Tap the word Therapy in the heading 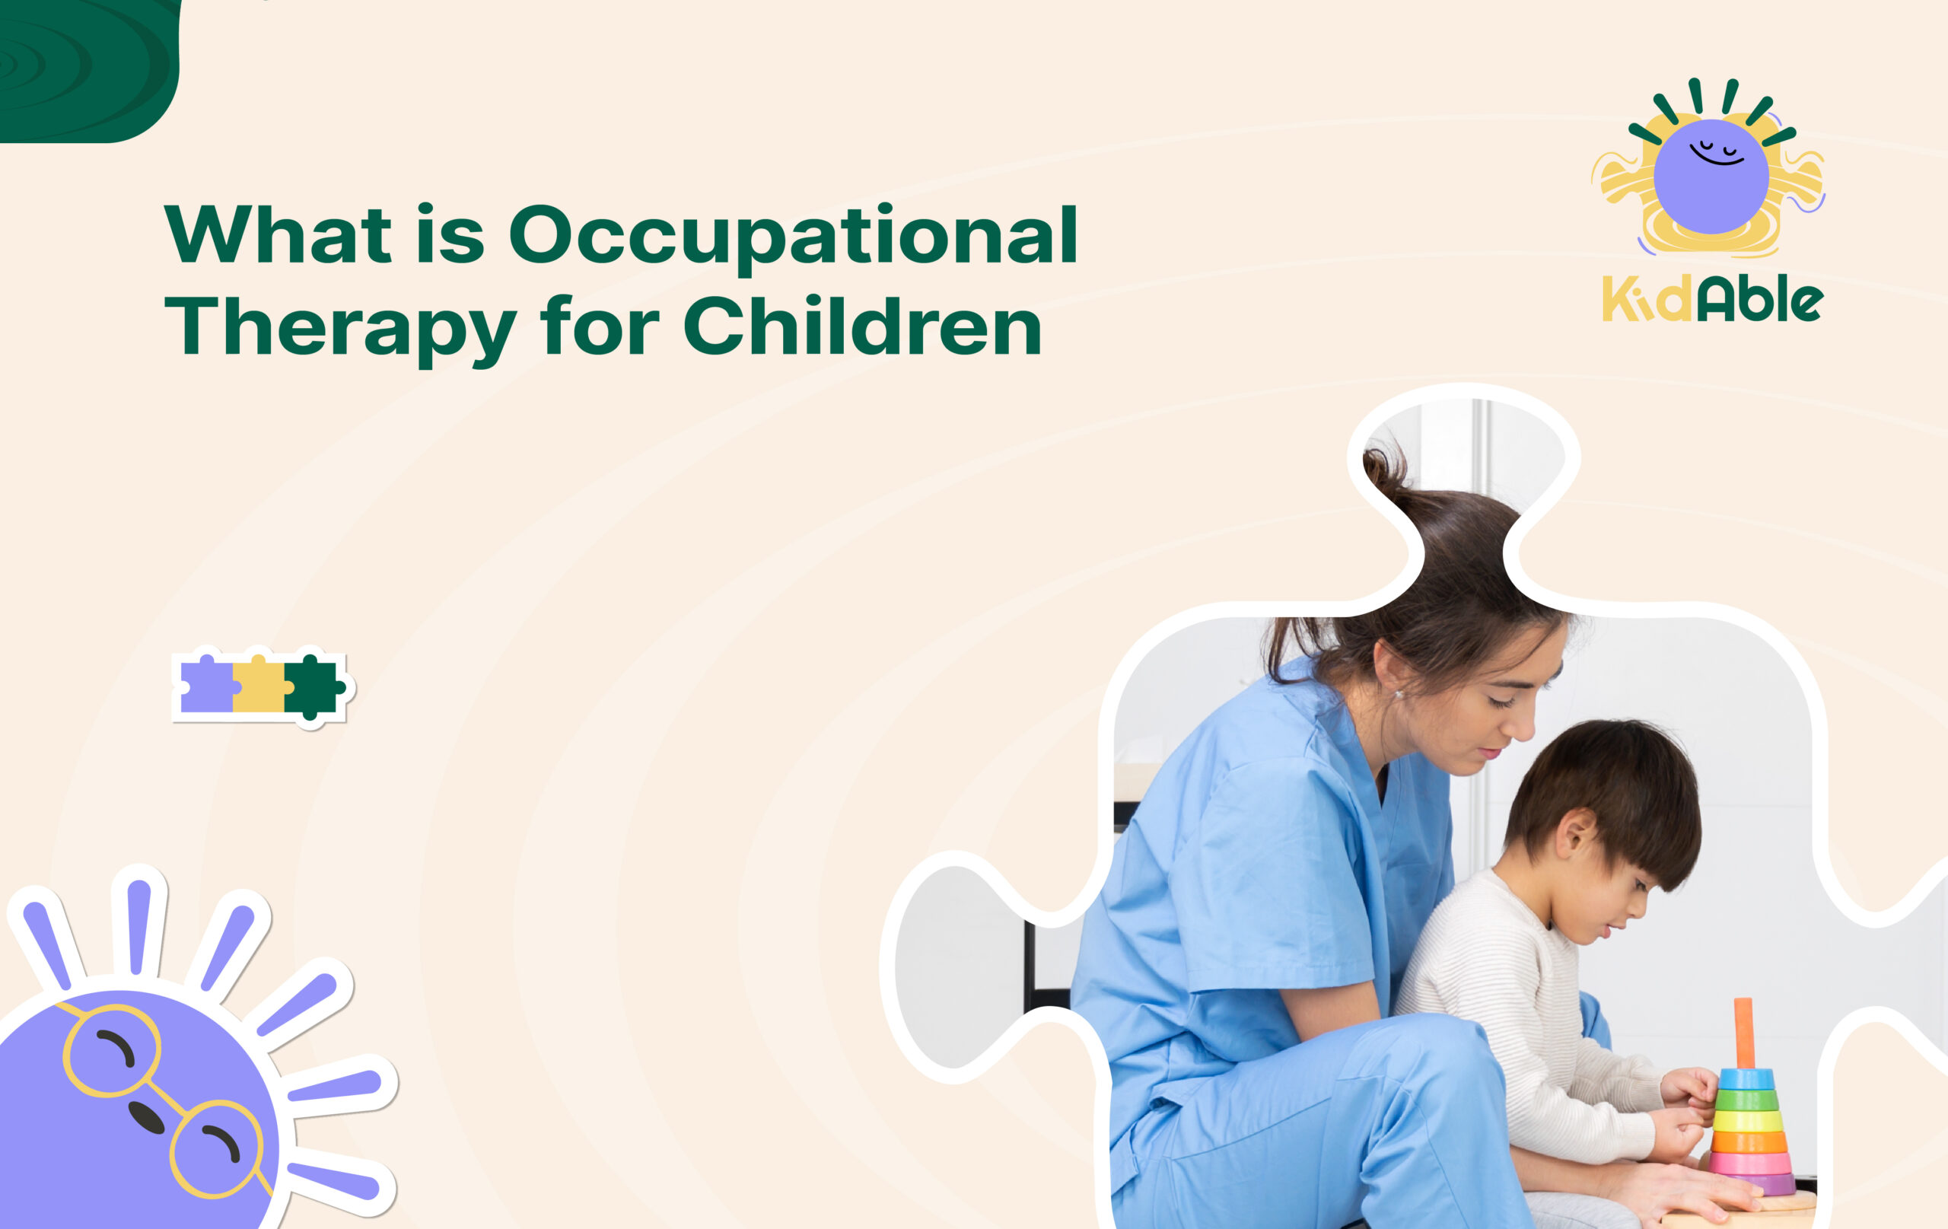point(340,327)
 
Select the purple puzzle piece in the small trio point(206,686)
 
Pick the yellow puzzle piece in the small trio point(259,686)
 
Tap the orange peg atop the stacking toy point(1744,1033)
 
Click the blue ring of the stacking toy point(1746,1078)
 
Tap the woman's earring point(1398,694)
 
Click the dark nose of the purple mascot point(146,1116)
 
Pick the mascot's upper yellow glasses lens point(112,1050)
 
